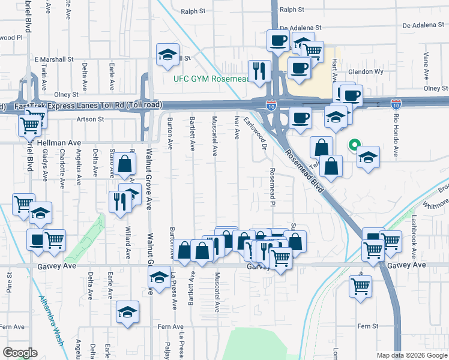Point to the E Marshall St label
pyautogui.click(x=53, y=60)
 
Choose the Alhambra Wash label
pyautogui.click(x=50, y=321)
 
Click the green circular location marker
pyautogui.click(x=354, y=145)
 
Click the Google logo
pyautogui.click(x=20, y=352)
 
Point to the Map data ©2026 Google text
pyautogui.click(x=412, y=355)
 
